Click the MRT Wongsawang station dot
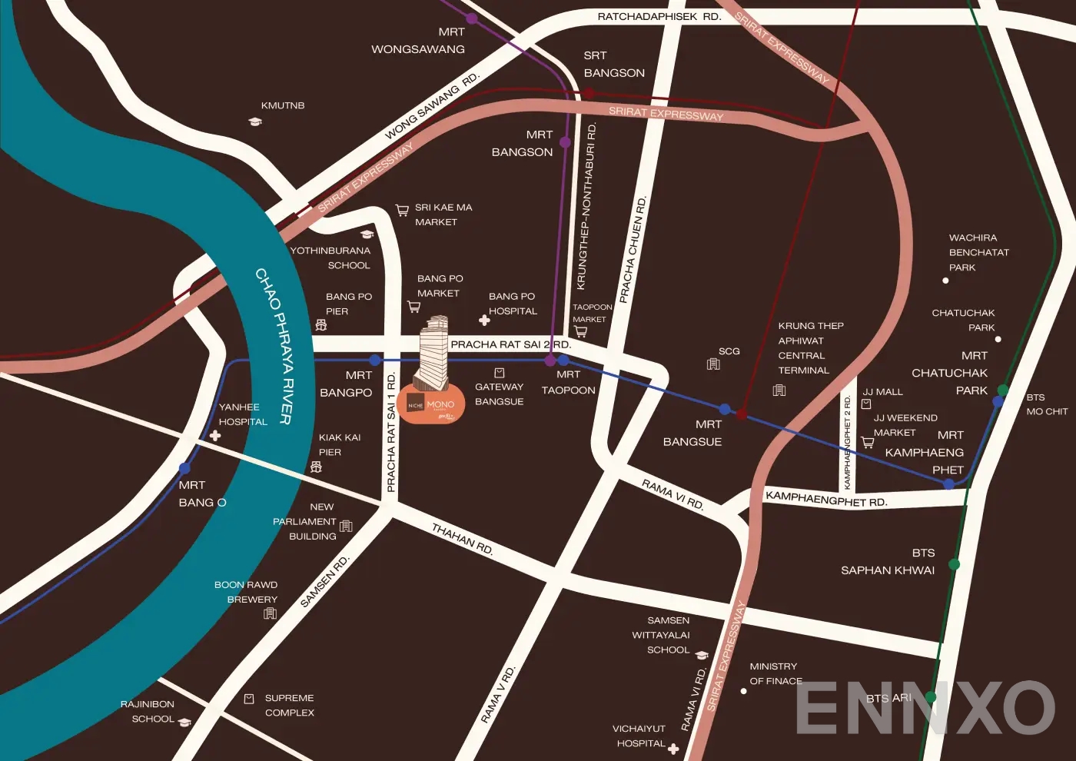(x=472, y=18)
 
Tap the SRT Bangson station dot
(x=589, y=93)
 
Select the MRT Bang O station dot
(x=184, y=468)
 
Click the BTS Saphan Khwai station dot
(x=954, y=564)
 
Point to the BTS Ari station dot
(x=931, y=697)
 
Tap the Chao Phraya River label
(x=274, y=345)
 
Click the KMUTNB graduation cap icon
(x=255, y=121)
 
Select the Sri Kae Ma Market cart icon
(x=402, y=210)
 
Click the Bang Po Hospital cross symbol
(x=484, y=320)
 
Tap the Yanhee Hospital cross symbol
(x=215, y=436)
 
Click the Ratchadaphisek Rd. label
(x=659, y=16)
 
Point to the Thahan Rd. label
(x=462, y=539)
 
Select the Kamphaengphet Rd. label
(x=826, y=499)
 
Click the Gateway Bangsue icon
(x=500, y=373)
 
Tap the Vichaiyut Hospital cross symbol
(x=673, y=749)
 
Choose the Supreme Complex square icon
(x=249, y=699)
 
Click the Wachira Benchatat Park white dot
(x=945, y=281)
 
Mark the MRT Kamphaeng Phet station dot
(x=948, y=484)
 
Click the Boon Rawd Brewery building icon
(x=270, y=613)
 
